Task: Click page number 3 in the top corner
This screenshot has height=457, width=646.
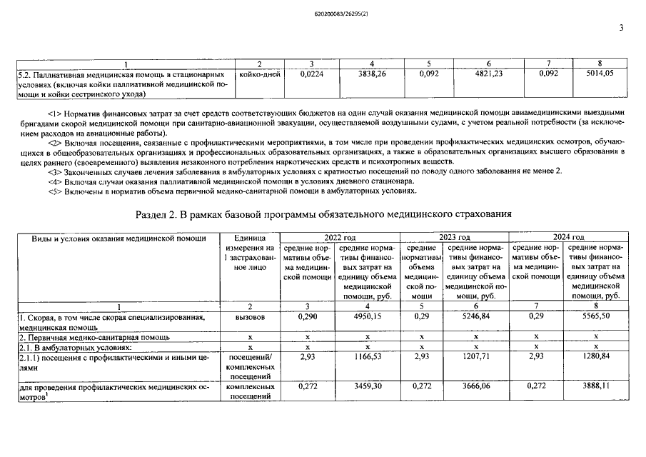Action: pyautogui.click(x=622, y=29)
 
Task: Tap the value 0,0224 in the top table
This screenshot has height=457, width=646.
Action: pyautogui.click(x=313, y=74)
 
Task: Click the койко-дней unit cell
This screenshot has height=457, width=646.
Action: pyautogui.click(x=260, y=74)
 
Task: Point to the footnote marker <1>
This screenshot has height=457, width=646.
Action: pyautogui.click(x=56, y=112)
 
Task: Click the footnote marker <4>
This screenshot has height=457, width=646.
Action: pyautogui.click(x=56, y=181)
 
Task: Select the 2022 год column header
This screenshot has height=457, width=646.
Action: pyautogui.click(x=340, y=237)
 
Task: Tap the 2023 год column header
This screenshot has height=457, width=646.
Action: pyautogui.click(x=455, y=237)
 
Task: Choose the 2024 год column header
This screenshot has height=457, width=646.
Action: pyautogui.click(x=569, y=237)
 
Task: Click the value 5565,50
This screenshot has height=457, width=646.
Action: pyautogui.click(x=597, y=316)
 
